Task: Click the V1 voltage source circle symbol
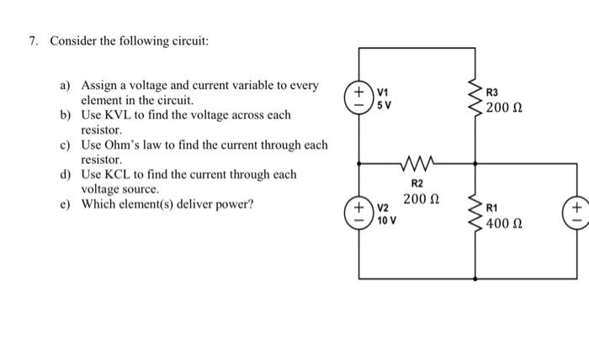pos(360,94)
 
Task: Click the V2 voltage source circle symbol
pos(360,214)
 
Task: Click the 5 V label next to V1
pos(384,105)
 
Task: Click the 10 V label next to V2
pos(387,221)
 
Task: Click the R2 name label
pos(417,182)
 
